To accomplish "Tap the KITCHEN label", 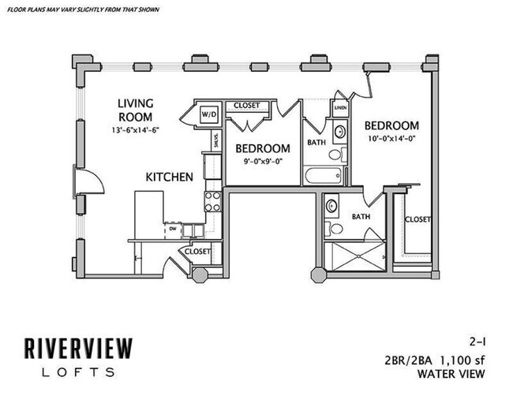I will pos(169,177).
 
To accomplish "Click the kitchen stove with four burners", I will pos(212,200).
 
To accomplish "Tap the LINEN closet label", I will pos(340,107).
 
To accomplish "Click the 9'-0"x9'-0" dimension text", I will pos(260,162).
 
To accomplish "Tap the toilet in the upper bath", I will pos(335,155).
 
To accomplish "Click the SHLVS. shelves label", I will pos(215,140).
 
